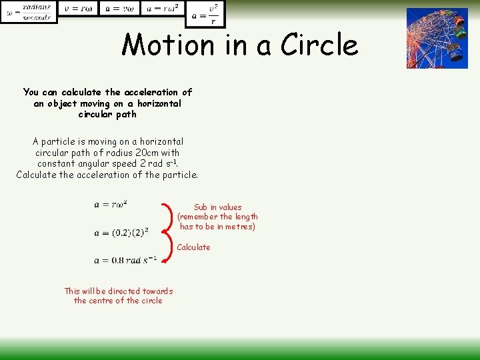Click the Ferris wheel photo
coord(437,38)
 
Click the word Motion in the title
coord(161,45)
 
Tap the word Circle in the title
coord(319,45)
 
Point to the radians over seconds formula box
coord(29,11)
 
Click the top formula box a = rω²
coord(162,8)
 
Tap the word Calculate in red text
coord(193,247)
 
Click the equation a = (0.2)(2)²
coord(121,233)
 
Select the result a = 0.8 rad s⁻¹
coord(125,260)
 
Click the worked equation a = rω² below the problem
coord(111,204)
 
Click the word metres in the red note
coord(241,227)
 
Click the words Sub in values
coord(217,207)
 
